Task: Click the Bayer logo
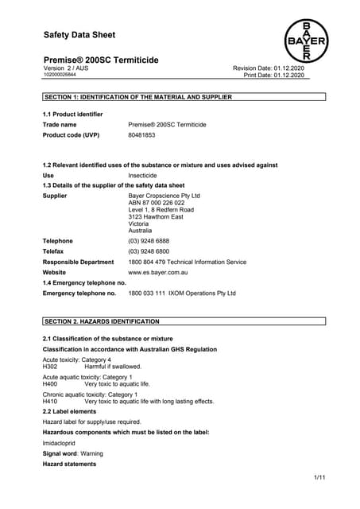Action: click(306, 41)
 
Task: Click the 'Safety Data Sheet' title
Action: click(79, 35)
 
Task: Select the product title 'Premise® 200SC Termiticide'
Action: click(100, 60)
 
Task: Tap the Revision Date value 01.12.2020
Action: click(301, 68)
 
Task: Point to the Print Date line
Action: click(280, 76)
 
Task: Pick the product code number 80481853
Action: click(141, 135)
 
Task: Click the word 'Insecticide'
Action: click(143, 175)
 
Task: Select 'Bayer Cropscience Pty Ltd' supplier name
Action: click(164, 195)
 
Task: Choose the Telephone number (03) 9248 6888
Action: click(148, 241)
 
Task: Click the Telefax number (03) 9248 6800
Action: click(148, 251)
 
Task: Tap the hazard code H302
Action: click(49, 367)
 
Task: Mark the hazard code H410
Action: click(49, 402)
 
